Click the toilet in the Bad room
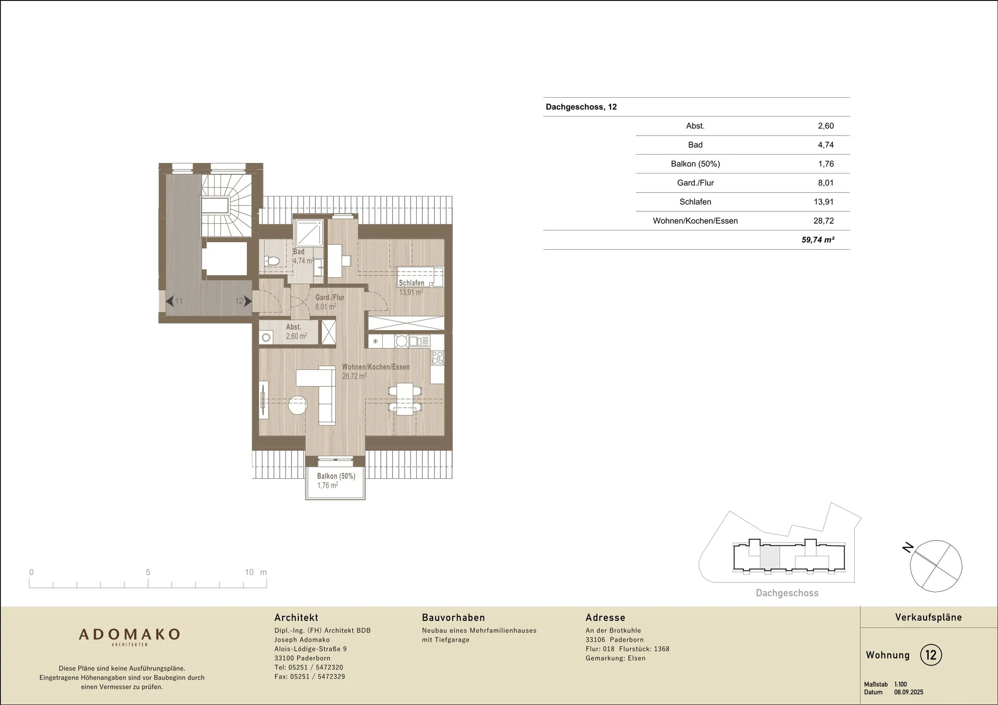point(271,261)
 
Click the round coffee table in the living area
point(297,405)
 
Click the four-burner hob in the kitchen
point(438,357)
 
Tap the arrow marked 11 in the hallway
point(170,301)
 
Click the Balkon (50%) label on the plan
point(336,476)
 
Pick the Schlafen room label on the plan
point(411,283)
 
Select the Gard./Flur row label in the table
point(695,183)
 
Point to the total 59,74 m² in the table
point(818,240)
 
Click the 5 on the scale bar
point(148,572)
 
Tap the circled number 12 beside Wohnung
point(931,655)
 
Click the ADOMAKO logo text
point(129,634)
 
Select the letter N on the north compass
point(908,547)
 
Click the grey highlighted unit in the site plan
point(769,556)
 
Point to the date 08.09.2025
point(909,692)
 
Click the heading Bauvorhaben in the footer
point(453,618)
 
